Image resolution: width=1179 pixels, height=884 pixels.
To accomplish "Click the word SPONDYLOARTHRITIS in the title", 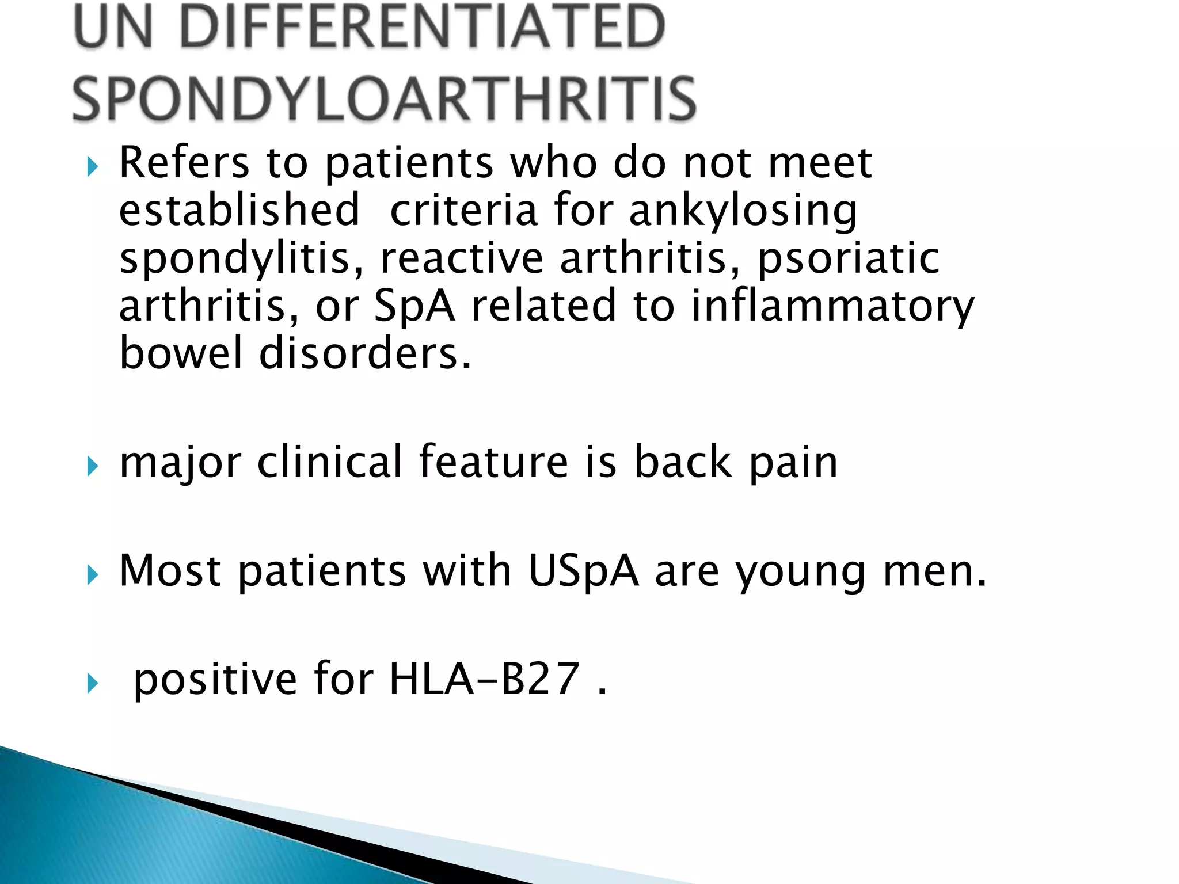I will click(384, 98).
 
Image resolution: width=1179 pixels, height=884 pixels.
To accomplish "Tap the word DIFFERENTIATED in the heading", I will click(422, 26).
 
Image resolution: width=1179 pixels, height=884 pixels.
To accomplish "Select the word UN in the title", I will click(113, 26).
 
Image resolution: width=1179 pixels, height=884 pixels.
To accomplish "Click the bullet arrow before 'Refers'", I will click(93, 167).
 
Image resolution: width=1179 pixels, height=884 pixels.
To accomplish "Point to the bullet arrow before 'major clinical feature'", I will click(93, 466).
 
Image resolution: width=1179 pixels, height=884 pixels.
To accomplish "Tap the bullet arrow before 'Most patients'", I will click(93, 574).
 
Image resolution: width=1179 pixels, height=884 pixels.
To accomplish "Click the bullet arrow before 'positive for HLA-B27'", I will click(93, 683).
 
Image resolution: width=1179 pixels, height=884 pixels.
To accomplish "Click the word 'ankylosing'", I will click(743, 212).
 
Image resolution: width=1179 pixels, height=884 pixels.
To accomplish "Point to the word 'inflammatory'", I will click(832, 307).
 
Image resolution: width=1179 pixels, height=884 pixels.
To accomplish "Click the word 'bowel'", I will click(181, 353).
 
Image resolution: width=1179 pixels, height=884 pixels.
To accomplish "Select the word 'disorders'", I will click(365, 353).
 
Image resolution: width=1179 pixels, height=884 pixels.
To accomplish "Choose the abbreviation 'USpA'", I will click(583, 571).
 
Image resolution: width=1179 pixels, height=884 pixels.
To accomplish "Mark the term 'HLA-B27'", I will click(484, 680).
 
